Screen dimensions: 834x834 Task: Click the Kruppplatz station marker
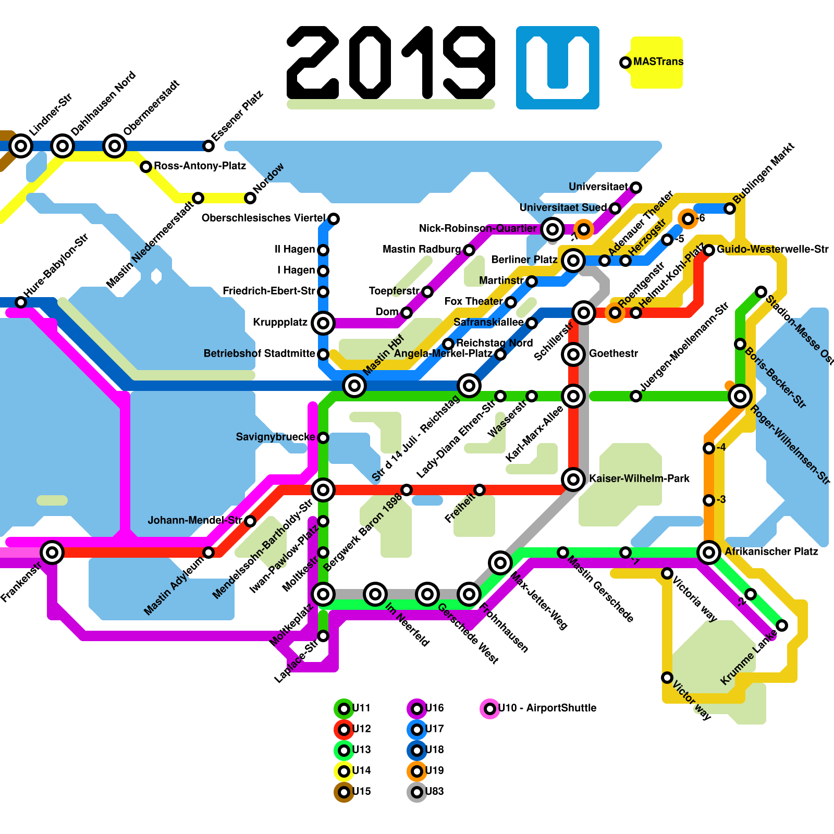[x=323, y=323]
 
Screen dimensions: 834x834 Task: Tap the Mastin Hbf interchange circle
[x=354, y=386]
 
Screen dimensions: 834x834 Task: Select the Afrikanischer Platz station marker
[x=709, y=552]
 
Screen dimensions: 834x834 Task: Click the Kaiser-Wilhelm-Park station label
[x=639, y=479]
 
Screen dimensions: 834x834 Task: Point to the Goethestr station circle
[x=573, y=354]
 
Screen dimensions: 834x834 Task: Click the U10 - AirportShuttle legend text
[x=547, y=708]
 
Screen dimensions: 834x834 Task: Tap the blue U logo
[x=558, y=68]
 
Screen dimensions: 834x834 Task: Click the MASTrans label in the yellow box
[x=658, y=62]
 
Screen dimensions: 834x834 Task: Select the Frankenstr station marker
[x=52, y=552]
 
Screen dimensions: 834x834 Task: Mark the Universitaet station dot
[x=636, y=188]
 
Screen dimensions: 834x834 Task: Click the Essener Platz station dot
[x=208, y=146]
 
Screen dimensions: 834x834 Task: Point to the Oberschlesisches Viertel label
[x=263, y=218]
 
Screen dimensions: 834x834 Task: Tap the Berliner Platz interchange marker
[x=573, y=260]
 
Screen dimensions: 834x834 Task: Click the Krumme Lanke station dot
[x=782, y=625]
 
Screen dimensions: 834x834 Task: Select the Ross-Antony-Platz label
[x=200, y=166]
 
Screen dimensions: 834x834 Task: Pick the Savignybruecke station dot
[x=323, y=438]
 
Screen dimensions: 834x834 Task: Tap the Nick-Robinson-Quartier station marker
[x=553, y=229]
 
